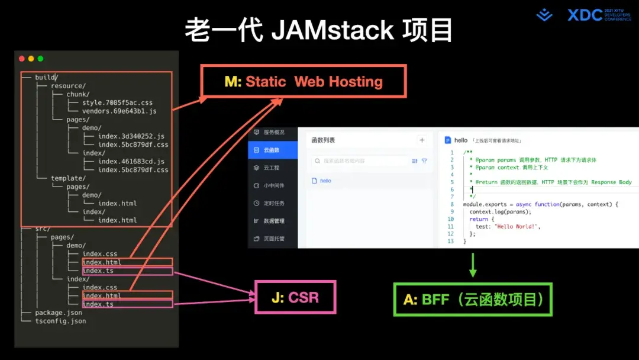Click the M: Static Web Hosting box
click(304, 81)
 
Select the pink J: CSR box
click(295, 297)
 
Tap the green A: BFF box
click(473, 300)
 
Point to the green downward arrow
click(473, 265)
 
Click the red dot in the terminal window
click(22, 59)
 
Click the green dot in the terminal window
click(40, 59)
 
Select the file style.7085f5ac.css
click(117, 102)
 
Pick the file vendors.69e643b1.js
click(120, 111)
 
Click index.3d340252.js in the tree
click(131, 136)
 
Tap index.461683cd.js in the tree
click(131, 161)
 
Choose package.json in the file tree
click(59, 313)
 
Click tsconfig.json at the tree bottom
click(60, 321)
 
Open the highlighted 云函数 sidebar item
click(272, 150)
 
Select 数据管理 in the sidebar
click(273, 221)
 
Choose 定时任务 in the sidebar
click(273, 203)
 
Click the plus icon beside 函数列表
click(422, 140)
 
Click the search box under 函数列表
click(361, 160)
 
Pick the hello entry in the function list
click(325, 181)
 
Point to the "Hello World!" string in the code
click(517, 226)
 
